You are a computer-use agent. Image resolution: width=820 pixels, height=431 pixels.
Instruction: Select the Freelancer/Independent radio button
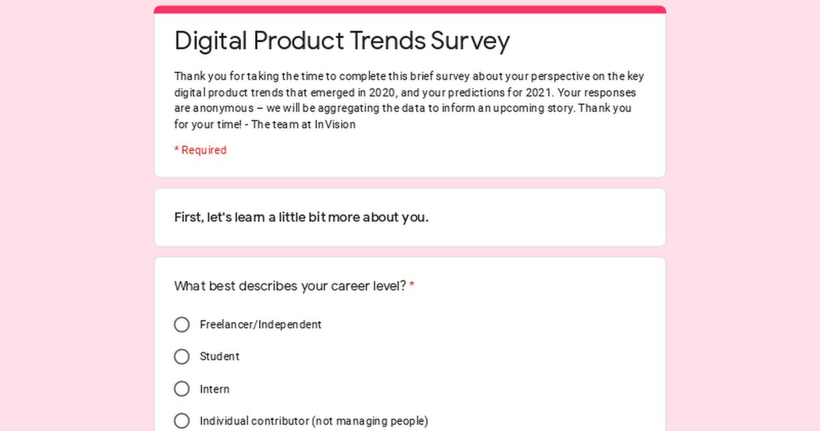(182, 324)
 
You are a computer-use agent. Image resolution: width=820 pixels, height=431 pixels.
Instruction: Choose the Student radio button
(182, 356)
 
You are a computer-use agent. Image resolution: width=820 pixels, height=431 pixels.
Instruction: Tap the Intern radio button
(182, 389)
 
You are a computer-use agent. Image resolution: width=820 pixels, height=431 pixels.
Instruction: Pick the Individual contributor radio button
(182, 421)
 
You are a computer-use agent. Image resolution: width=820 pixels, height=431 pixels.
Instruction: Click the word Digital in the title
(211, 41)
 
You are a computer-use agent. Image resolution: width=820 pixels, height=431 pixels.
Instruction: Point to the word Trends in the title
(388, 41)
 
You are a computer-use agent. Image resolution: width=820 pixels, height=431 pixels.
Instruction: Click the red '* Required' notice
(200, 150)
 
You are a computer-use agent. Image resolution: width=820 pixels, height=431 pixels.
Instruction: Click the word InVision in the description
(335, 125)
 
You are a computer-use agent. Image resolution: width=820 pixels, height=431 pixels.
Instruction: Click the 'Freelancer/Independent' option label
(260, 324)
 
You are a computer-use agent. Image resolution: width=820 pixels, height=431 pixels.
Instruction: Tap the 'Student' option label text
(219, 356)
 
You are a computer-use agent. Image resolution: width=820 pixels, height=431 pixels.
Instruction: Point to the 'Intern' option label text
(215, 389)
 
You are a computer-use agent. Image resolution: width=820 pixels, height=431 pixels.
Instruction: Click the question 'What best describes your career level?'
(290, 286)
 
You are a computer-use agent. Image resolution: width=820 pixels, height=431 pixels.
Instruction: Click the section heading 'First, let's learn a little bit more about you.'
(301, 218)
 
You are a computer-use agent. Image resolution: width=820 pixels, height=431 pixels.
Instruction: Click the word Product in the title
(298, 41)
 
